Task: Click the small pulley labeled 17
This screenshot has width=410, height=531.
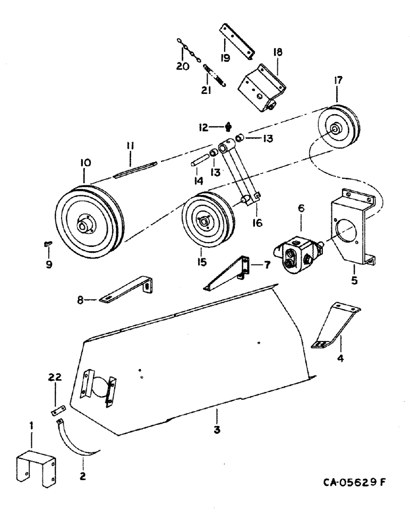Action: pos(337,129)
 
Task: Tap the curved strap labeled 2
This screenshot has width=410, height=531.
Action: pos(80,440)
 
